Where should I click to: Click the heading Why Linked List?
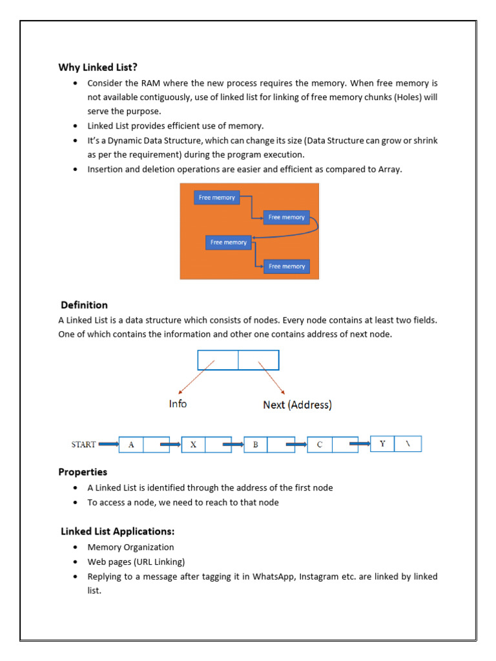(x=98, y=67)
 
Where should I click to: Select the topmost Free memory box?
(x=217, y=198)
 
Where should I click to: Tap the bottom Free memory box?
(x=287, y=266)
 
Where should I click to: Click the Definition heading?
(x=84, y=305)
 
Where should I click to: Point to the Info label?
(x=178, y=403)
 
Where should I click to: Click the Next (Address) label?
(x=298, y=405)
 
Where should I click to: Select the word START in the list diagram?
(x=83, y=444)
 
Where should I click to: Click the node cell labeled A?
(x=132, y=444)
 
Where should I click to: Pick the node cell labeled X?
(x=193, y=445)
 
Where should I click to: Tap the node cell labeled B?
(x=256, y=445)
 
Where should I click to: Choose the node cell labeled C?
(x=319, y=445)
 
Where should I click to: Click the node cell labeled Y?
(x=382, y=443)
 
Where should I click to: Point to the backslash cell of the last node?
(x=408, y=443)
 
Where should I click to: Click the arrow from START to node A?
(x=108, y=444)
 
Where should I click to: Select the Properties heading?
(x=83, y=472)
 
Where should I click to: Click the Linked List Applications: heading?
(x=118, y=532)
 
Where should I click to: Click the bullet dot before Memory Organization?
(x=76, y=547)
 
